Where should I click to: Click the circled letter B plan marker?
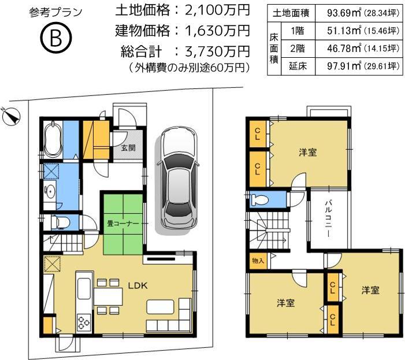(x=55, y=39)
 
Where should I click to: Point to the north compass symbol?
(x=11, y=116)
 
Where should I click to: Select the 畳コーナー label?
(x=122, y=222)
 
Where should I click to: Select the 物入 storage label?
(x=258, y=261)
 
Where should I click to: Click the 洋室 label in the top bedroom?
(x=307, y=153)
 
